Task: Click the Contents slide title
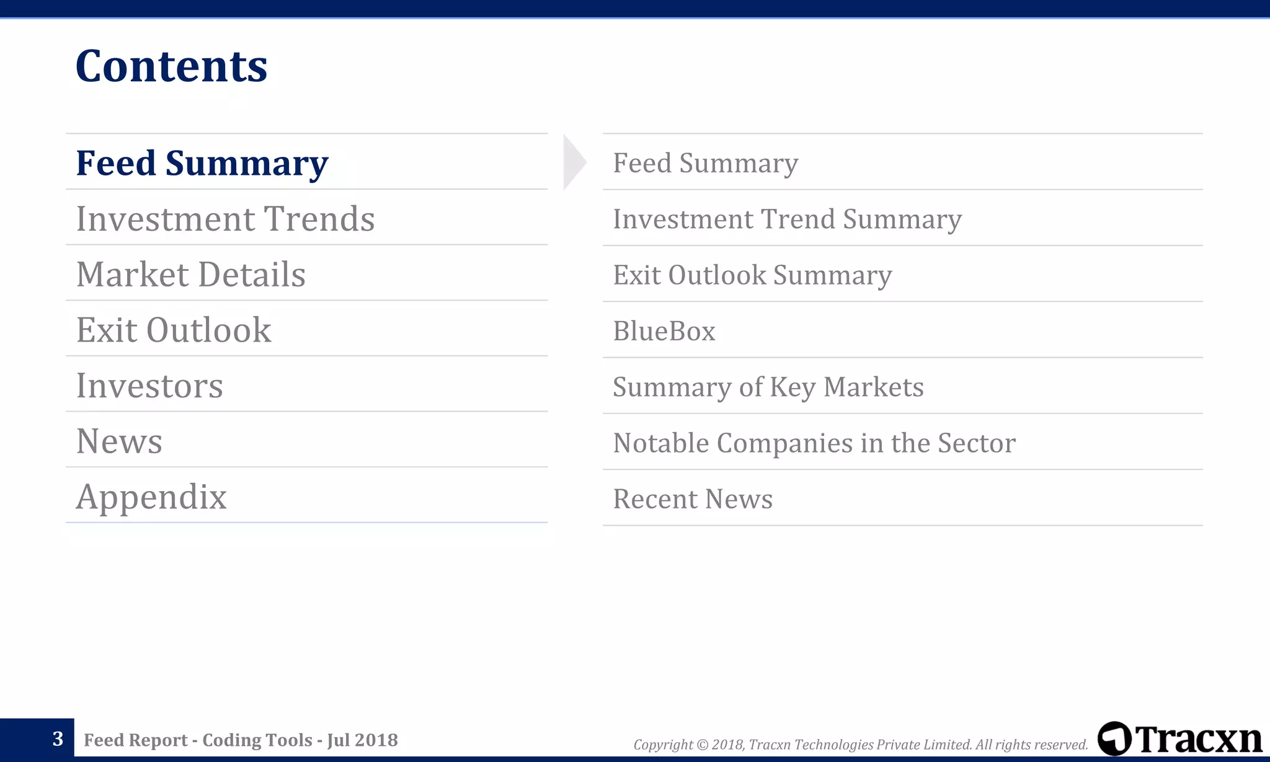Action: tap(171, 66)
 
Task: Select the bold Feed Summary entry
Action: tap(202, 163)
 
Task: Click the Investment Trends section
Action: tap(225, 219)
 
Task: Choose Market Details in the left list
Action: tap(190, 274)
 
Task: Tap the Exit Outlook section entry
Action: tap(174, 330)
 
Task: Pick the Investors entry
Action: tap(149, 386)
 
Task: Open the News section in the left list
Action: tap(119, 441)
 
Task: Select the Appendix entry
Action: tap(151, 497)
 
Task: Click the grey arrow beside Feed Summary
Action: tap(574, 162)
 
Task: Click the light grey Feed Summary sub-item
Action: tap(705, 163)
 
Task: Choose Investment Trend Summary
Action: tap(787, 219)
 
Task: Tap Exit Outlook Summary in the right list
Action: tap(752, 275)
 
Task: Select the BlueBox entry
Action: tap(664, 331)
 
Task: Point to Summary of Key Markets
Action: tap(768, 387)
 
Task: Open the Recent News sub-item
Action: tap(693, 499)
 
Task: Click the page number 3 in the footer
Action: tap(58, 739)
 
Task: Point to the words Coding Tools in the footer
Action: tap(257, 740)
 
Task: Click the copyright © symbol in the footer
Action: tap(702, 745)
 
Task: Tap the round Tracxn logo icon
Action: tap(1114, 738)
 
